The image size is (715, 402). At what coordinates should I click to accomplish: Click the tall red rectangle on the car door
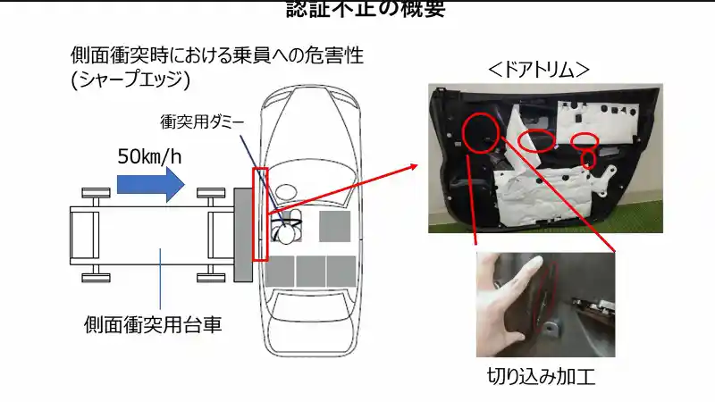[x=260, y=214]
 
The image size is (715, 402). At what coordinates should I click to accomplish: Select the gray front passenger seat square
[x=333, y=227]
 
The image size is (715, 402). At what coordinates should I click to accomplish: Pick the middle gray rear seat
[x=311, y=271]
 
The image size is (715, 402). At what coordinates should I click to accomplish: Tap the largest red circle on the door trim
[x=480, y=133]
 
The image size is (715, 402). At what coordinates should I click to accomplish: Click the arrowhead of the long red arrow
[x=412, y=166]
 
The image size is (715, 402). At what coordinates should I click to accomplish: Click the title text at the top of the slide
[x=366, y=9]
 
